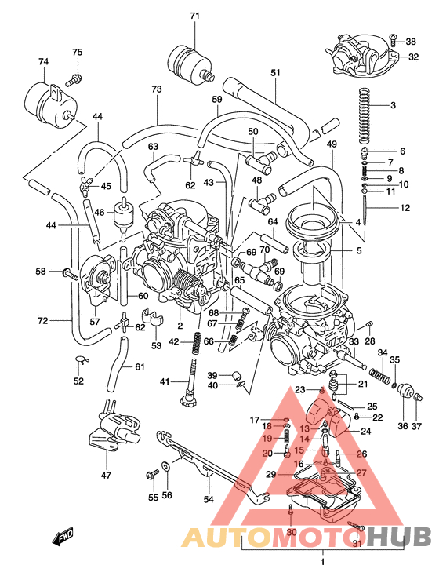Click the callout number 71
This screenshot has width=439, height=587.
click(195, 16)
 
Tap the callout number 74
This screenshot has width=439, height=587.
click(43, 61)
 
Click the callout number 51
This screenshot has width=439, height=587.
click(275, 73)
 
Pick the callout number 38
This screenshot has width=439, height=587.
click(411, 42)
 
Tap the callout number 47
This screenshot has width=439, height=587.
click(107, 476)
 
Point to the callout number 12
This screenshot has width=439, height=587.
click(405, 208)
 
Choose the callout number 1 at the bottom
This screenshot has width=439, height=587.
click(322, 562)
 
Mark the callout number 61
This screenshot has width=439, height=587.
click(140, 367)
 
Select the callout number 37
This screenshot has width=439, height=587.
click(417, 427)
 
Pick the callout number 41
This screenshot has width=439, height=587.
click(165, 381)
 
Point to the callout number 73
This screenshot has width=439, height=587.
click(157, 89)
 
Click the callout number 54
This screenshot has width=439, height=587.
click(209, 499)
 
